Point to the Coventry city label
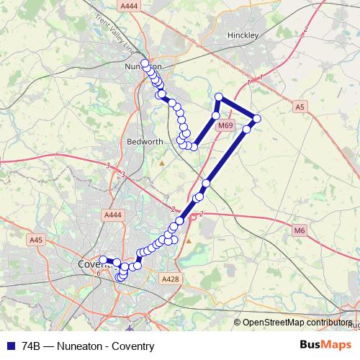[x=90, y=264]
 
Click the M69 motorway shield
[x=225, y=126]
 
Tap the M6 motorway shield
[x=300, y=230]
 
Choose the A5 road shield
[x=300, y=107]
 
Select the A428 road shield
[x=171, y=279]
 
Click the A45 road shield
[x=36, y=240]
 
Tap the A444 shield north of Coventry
[x=112, y=215]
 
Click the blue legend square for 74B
[x=10, y=346]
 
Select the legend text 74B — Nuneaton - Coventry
[x=89, y=346]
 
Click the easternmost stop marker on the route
[x=256, y=118]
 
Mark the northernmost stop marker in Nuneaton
[x=145, y=63]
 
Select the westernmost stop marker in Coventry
[x=103, y=260]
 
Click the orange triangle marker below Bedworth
[x=162, y=163]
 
